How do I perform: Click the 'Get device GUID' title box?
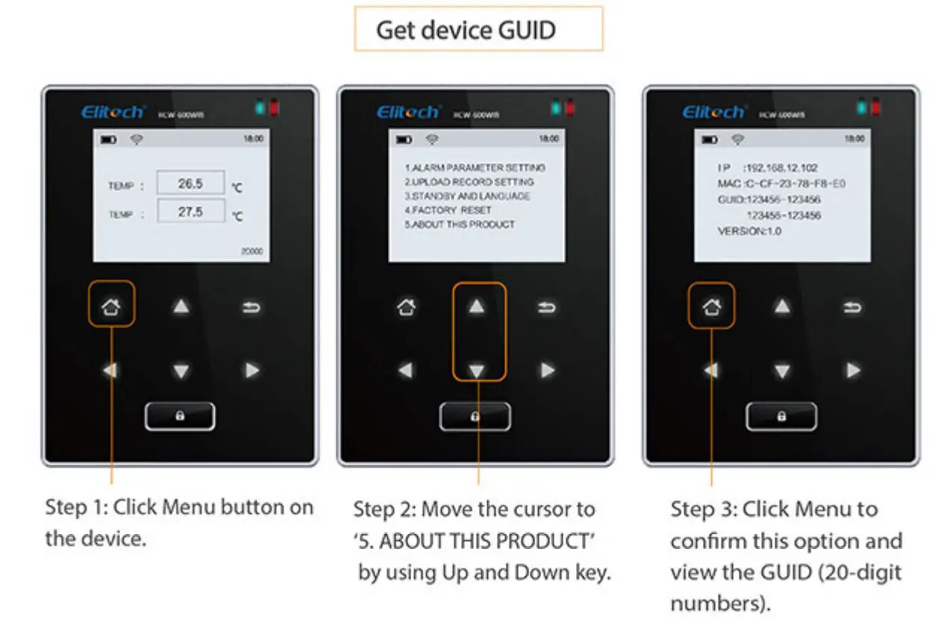point(478,30)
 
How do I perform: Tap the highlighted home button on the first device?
point(111,304)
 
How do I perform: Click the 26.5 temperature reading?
point(190,183)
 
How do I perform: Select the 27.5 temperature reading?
point(190,212)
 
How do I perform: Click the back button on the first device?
point(251,306)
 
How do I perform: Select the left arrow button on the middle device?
point(406,371)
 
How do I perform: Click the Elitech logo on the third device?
point(714,112)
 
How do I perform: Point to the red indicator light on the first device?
point(274,109)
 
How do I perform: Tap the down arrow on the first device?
point(181,371)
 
